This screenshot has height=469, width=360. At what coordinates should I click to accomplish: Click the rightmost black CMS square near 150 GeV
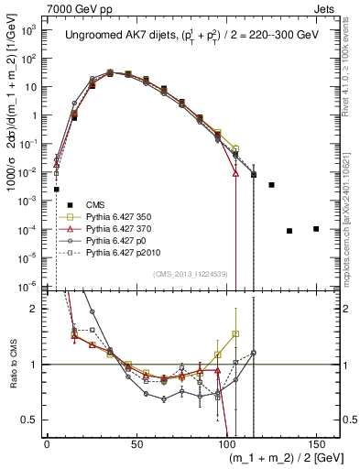click(x=316, y=228)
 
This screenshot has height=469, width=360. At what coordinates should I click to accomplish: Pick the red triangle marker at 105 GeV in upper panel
click(x=235, y=172)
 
